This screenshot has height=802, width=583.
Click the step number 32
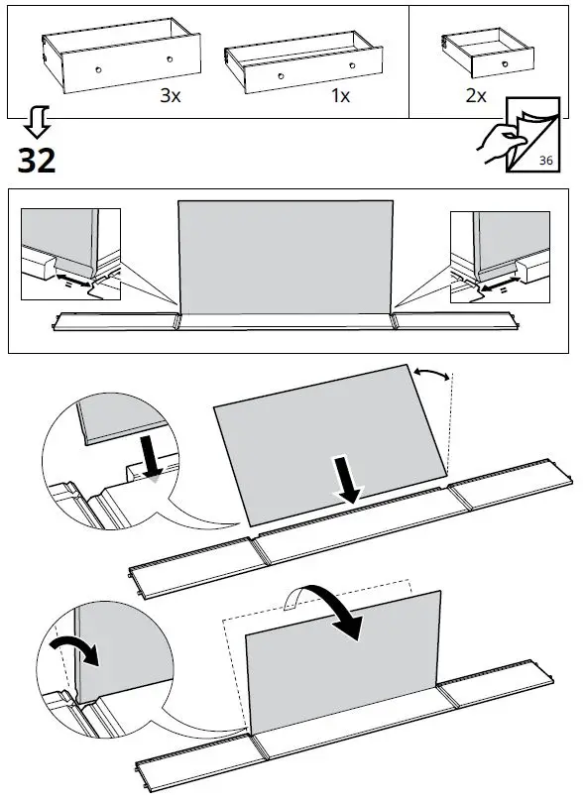[x=37, y=159]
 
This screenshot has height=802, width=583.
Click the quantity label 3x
[x=171, y=96]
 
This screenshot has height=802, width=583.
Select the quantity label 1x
[x=340, y=96]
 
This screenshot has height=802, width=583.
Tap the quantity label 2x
[x=475, y=96]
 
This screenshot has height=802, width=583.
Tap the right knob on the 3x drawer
[x=169, y=60]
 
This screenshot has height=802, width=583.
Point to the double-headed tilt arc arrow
[x=433, y=376]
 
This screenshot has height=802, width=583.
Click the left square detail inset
[x=70, y=255]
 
